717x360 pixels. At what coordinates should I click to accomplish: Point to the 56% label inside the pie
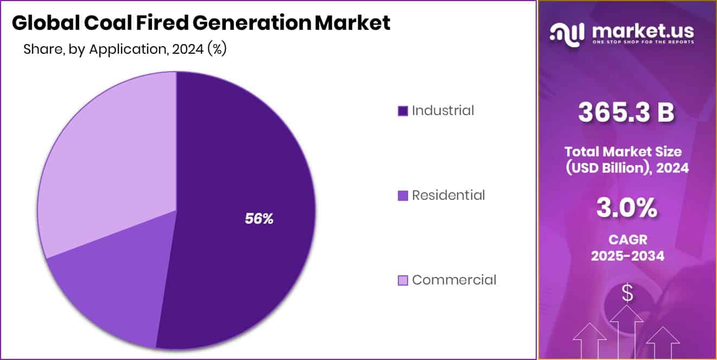259,219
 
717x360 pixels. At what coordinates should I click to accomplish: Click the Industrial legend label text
442,111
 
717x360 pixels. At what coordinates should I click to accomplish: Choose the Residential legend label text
448,195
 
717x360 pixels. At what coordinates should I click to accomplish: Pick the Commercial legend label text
454,280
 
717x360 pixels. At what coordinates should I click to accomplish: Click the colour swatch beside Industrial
403,111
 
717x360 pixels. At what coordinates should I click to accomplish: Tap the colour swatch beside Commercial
403,281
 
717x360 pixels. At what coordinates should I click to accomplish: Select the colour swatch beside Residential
403,196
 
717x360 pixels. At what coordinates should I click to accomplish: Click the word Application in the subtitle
127,49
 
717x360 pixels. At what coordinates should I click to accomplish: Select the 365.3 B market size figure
626,113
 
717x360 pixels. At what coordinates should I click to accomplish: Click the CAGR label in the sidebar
627,239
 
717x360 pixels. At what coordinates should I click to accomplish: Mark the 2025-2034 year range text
627,256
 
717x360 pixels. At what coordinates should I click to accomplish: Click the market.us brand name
643,30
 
